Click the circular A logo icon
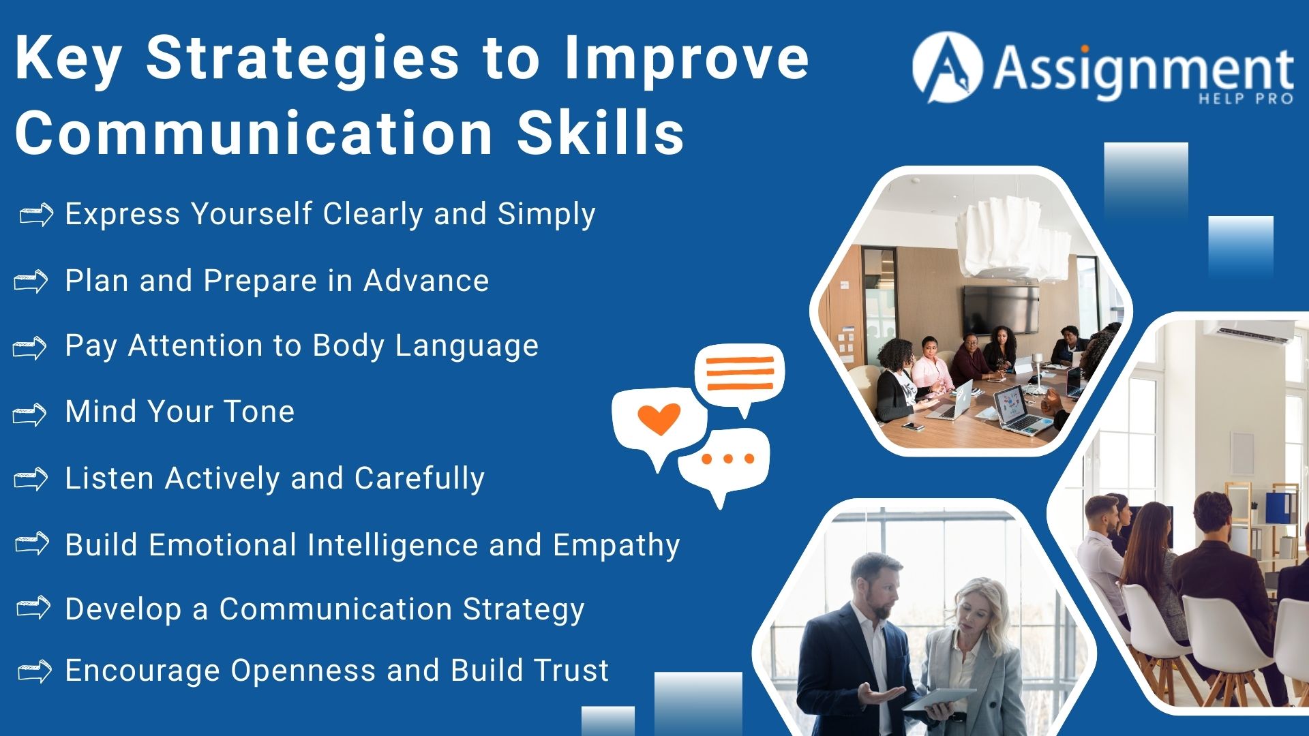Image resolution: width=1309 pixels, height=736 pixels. click(947, 67)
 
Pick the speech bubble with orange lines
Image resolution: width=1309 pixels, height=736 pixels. click(740, 374)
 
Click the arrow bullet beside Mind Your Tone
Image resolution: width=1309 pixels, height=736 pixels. click(30, 414)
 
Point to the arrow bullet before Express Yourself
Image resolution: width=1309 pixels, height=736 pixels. click(36, 215)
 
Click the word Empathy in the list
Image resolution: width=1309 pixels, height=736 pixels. click(616, 545)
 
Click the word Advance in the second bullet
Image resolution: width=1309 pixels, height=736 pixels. click(426, 281)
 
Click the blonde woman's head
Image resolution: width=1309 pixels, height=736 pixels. click(976, 606)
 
